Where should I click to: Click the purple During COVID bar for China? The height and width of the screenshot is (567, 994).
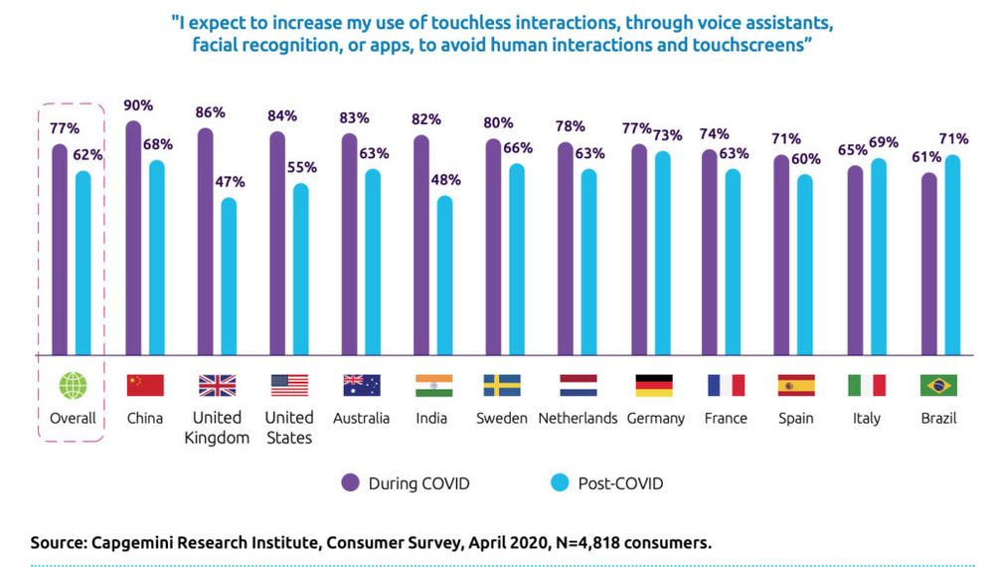133,239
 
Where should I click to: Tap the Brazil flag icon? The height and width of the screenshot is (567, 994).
939,385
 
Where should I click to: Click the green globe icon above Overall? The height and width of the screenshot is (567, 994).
74,385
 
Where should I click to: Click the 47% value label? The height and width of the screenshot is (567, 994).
230,182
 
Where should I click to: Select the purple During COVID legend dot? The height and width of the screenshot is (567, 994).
350,483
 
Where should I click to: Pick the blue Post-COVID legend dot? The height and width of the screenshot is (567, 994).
558,483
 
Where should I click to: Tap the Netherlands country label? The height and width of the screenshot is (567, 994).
578,418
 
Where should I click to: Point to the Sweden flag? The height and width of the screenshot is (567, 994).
502,385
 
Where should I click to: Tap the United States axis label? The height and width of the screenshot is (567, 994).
289,427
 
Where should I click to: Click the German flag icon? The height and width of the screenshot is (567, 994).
653,385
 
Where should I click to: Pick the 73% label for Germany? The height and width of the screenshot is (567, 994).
665,134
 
